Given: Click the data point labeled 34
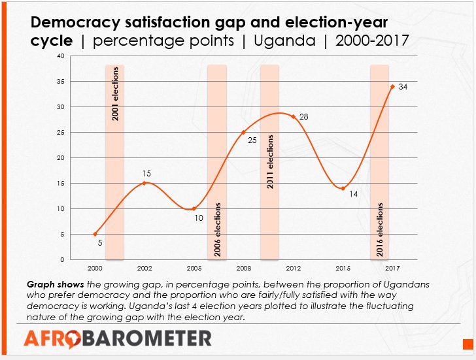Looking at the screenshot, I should tap(392, 86).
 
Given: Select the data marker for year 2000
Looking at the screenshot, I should tap(95, 234).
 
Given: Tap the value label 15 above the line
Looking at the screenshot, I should tap(146, 174).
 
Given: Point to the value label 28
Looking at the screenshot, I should tap(303, 117).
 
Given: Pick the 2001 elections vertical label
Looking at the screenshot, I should tap(115, 93).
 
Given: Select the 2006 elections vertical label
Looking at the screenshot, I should tap(218, 231).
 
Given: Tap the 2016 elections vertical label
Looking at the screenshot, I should tap(380, 231).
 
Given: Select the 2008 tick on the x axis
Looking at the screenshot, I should tap(243, 269).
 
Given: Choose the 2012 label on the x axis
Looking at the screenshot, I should tap(293, 269).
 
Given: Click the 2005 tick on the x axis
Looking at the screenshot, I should tap(194, 269).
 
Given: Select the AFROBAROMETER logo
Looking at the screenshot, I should tap(118, 338).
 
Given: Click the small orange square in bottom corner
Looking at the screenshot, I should tap(467, 344).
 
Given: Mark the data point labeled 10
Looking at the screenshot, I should tap(194, 208).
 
